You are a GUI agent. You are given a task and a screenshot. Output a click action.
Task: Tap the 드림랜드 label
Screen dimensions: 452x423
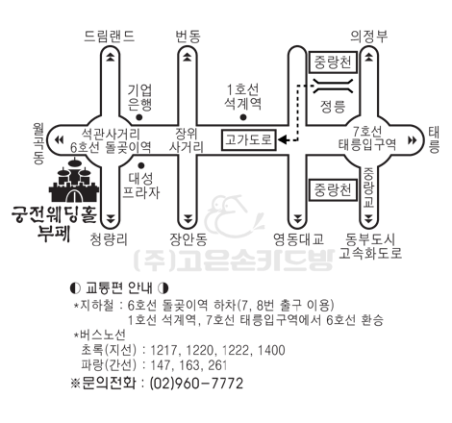(x=110, y=36)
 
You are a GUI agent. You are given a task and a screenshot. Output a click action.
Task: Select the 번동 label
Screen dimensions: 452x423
(x=188, y=36)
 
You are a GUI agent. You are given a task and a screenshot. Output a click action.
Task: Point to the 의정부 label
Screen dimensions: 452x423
(x=369, y=36)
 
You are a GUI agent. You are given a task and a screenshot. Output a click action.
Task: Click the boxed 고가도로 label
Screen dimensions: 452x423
(x=248, y=139)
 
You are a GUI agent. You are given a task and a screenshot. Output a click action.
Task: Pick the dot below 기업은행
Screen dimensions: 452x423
(x=139, y=117)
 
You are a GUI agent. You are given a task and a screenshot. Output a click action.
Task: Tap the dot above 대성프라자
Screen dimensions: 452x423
(x=141, y=165)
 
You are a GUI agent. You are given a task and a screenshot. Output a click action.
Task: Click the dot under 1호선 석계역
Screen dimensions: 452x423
(x=243, y=117)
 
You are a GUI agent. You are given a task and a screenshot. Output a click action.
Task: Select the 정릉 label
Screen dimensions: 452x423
(x=333, y=106)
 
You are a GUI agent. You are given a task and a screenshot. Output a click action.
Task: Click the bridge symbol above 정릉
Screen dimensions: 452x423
(x=333, y=86)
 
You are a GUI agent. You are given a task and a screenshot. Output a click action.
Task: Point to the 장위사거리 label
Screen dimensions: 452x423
(x=187, y=140)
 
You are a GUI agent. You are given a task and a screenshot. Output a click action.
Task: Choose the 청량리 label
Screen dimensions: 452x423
(x=109, y=239)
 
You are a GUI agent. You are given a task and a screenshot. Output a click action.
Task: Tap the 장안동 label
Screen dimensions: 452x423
(x=188, y=239)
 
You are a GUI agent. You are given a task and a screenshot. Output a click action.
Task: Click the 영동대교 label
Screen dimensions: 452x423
(x=298, y=239)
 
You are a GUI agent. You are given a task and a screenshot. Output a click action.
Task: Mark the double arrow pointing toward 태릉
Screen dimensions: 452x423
(x=413, y=140)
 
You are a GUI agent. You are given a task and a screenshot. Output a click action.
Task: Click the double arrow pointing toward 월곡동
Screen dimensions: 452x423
(x=59, y=140)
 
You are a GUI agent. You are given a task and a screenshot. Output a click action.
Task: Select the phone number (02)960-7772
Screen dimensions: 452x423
(x=196, y=384)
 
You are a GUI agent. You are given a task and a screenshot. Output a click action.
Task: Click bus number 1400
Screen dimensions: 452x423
(x=271, y=350)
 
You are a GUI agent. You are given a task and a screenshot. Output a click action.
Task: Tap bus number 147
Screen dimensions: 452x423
(x=162, y=365)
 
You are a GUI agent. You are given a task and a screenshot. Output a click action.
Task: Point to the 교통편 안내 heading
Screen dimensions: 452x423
(x=119, y=288)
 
